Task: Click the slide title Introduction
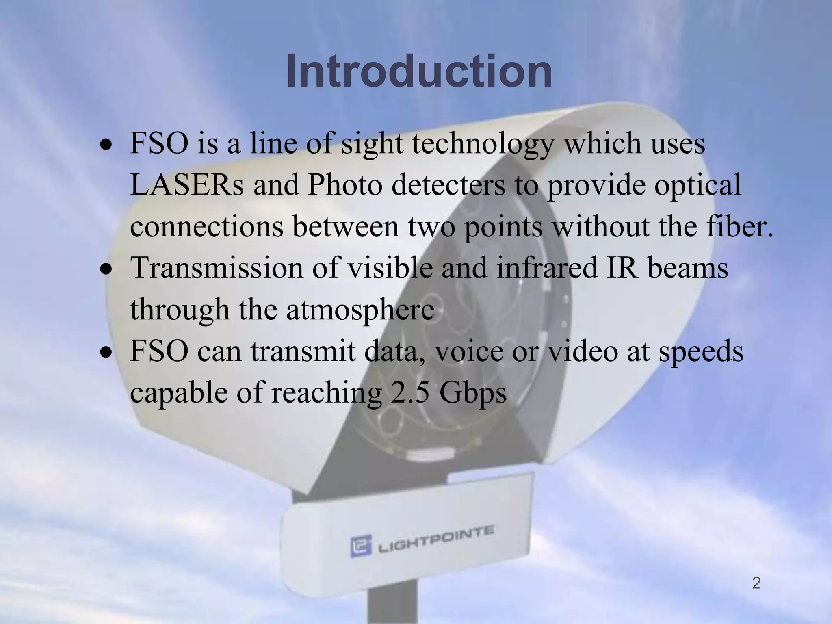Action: (x=419, y=71)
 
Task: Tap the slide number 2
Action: (x=756, y=583)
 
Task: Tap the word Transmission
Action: (x=217, y=268)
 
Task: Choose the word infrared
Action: (x=547, y=268)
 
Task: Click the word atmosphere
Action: (x=360, y=310)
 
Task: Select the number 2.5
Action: (x=409, y=392)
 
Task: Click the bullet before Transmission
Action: (x=106, y=269)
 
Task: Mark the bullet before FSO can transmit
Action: (x=106, y=352)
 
